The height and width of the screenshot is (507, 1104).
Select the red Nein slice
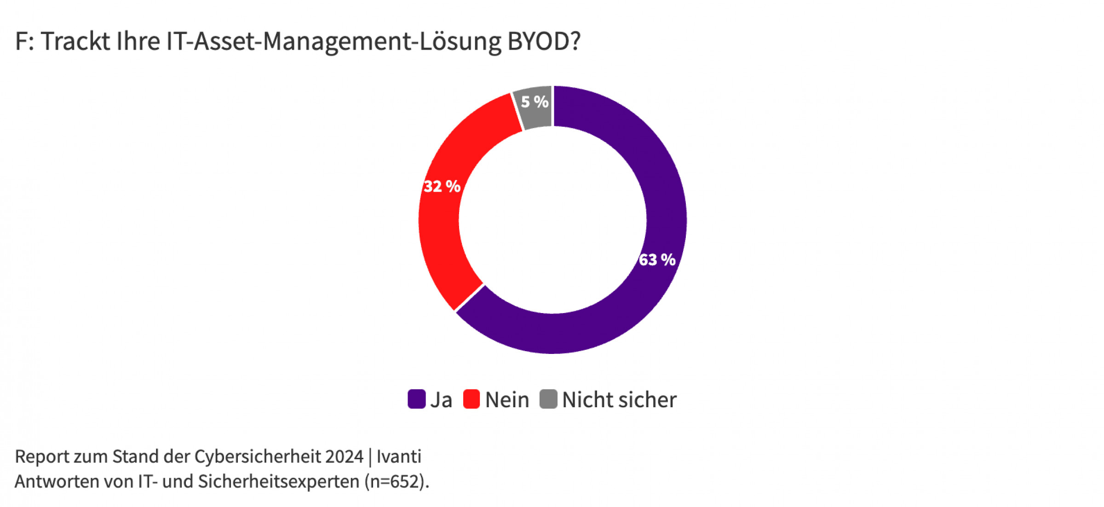pyautogui.click(x=442, y=230)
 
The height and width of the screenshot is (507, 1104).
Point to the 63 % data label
pyautogui.click(x=657, y=260)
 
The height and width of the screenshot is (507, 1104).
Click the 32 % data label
pyautogui.click(x=442, y=187)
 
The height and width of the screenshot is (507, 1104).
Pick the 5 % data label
pyautogui.click(x=535, y=102)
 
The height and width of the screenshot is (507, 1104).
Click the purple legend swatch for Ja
pyautogui.click(x=416, y=399)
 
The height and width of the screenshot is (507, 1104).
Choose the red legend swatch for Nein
pyautogui.click(x=471, y=399)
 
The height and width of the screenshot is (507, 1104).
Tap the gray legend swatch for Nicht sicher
pyautogui.click(x=548, y=399)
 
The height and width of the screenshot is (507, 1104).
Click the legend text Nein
pyautogui.click(x=507, y=400)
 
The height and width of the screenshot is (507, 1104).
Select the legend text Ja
pyautogui.click(x=441, y=400)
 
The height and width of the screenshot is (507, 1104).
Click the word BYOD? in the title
pyautogui.click(x=544, y=41)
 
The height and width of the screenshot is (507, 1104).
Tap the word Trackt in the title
pyautogui.click(x=75, y=41)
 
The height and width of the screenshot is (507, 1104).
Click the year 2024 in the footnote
pyautogui.click(x=344, y=457)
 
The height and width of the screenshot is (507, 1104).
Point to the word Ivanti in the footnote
pyautogui.click(x=399, y=457)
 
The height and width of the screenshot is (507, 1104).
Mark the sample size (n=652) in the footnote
pyautogui.click(x=397, y=482)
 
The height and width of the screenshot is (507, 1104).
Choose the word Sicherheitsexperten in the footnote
pyautogui.click(x=279, y=482)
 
